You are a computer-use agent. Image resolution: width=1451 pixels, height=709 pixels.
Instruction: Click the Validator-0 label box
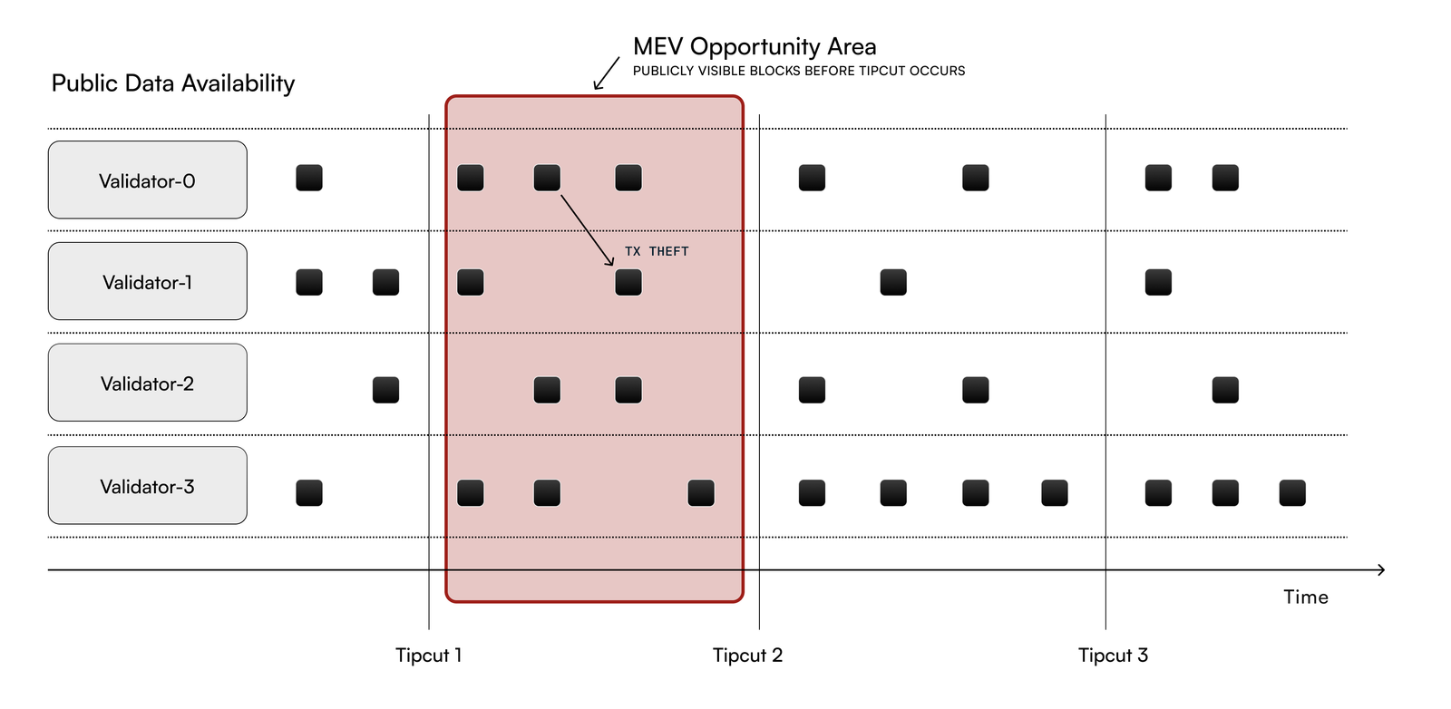tap(147, 180)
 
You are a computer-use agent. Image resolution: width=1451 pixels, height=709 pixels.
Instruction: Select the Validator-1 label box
tap(147, 281)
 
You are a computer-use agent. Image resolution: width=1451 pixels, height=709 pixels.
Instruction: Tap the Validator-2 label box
tap(147, 383)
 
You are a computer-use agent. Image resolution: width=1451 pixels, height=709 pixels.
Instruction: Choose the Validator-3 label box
tap(147, 486)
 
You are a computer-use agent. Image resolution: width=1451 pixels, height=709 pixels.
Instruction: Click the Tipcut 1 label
tap(428, 655)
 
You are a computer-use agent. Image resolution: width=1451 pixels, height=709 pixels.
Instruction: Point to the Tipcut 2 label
tap(747, 655)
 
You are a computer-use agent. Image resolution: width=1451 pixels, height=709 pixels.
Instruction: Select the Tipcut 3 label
tap(1113, 655)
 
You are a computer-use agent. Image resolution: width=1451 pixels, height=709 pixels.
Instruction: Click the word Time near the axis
tap(1305, 597)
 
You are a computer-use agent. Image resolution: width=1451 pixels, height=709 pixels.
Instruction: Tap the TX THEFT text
tap(657, 251)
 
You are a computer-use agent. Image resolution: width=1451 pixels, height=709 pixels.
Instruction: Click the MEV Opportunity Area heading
tap(755, 46)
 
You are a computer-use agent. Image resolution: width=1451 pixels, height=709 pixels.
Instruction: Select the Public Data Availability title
tap(173, 83)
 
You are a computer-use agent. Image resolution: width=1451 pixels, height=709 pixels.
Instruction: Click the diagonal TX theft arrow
tap(587, 229)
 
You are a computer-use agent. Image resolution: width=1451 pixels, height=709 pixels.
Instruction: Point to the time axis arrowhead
tap(1380, 569)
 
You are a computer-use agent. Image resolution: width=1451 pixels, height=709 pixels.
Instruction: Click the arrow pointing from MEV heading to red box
tap(606, 73)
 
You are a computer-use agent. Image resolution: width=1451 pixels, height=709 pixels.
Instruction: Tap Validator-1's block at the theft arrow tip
tap(628, 282)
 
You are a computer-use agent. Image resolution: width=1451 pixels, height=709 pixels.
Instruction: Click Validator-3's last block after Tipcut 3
tap(1292, 493)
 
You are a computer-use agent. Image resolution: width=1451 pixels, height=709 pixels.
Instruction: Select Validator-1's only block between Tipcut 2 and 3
tap(893, 282)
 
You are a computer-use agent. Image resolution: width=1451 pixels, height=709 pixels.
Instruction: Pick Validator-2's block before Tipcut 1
tap(385, 390)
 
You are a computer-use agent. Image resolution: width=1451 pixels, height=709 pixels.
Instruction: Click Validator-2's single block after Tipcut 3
tap(1225, 390)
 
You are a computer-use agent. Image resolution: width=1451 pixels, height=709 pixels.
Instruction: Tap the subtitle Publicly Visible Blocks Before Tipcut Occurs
tap(798, 71)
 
